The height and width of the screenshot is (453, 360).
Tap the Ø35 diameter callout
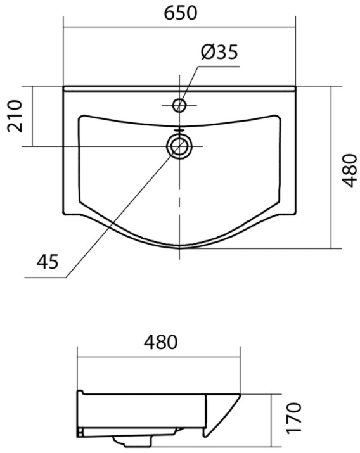(x=219, y=53)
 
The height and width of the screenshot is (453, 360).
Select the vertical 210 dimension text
(x=15, y=115)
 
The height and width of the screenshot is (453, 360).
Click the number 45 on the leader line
(x=48, y=261)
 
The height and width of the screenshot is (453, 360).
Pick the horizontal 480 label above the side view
(x=160, y=343)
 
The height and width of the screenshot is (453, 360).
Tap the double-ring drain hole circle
(x=179, y=146)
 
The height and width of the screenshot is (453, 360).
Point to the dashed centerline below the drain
(x=180, y=203)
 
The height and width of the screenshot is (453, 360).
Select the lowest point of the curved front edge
(x=180, y=246)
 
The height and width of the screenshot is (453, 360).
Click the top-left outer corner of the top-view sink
(x=64, y=87)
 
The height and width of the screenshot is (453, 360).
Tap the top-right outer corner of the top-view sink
(x=296, y=87)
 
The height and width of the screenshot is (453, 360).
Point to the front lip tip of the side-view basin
(x=238, y=397)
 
